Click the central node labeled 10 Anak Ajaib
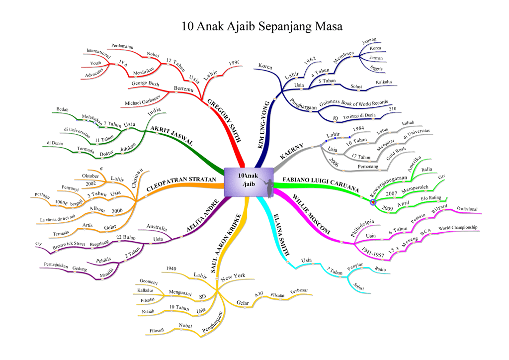click(x=249, y=181)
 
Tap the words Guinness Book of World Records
click(x=353, y=103)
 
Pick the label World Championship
click(x=458, y=228)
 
